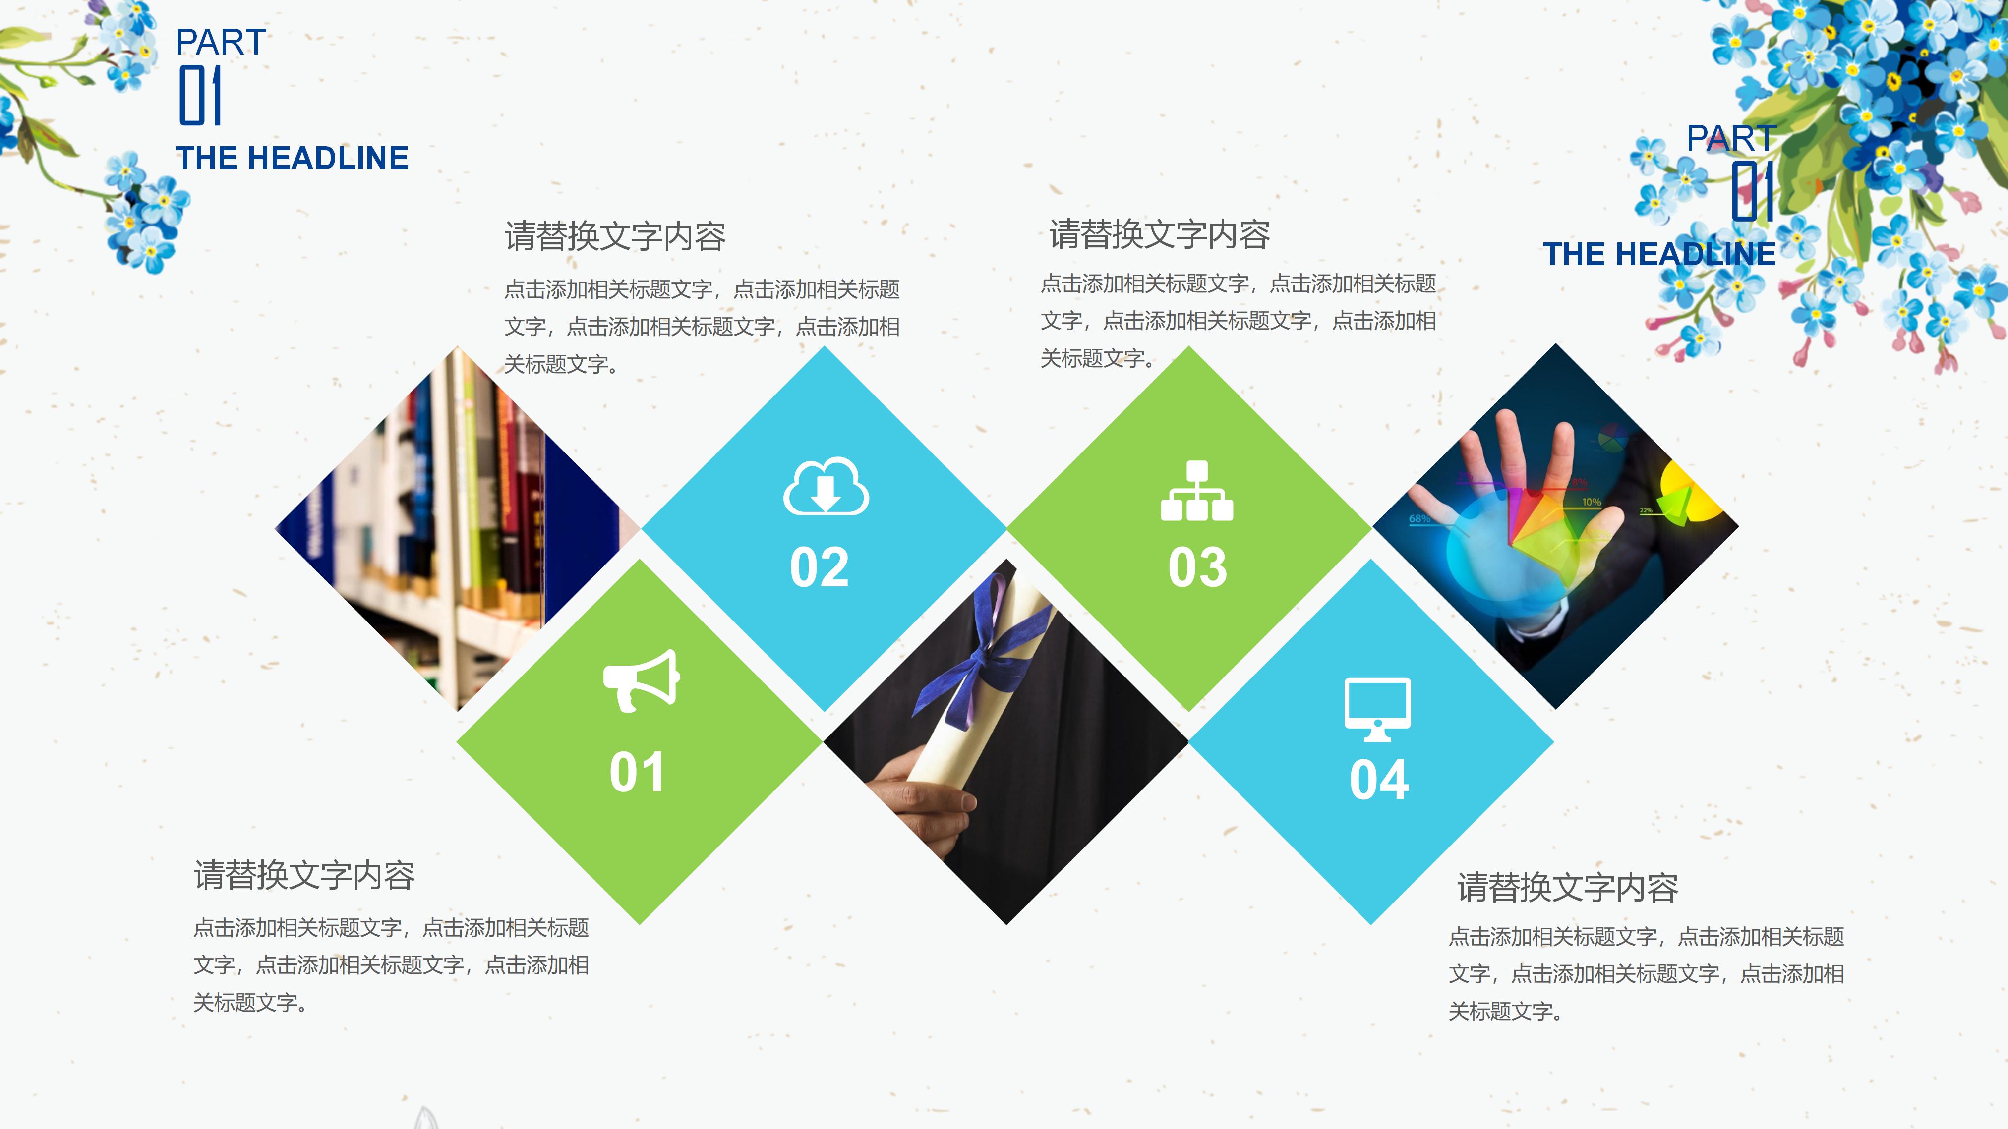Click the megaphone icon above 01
(641, 680)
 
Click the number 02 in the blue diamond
(819, 567)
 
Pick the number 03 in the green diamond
(1197, 567)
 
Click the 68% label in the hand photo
(1419, 518)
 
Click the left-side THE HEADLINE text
(293, 158)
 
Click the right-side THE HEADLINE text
(1659, 254)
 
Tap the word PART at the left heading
(221, 42)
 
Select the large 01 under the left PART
(200, 95)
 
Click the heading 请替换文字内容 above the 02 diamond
(615, 236)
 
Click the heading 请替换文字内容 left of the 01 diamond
(304, 875)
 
